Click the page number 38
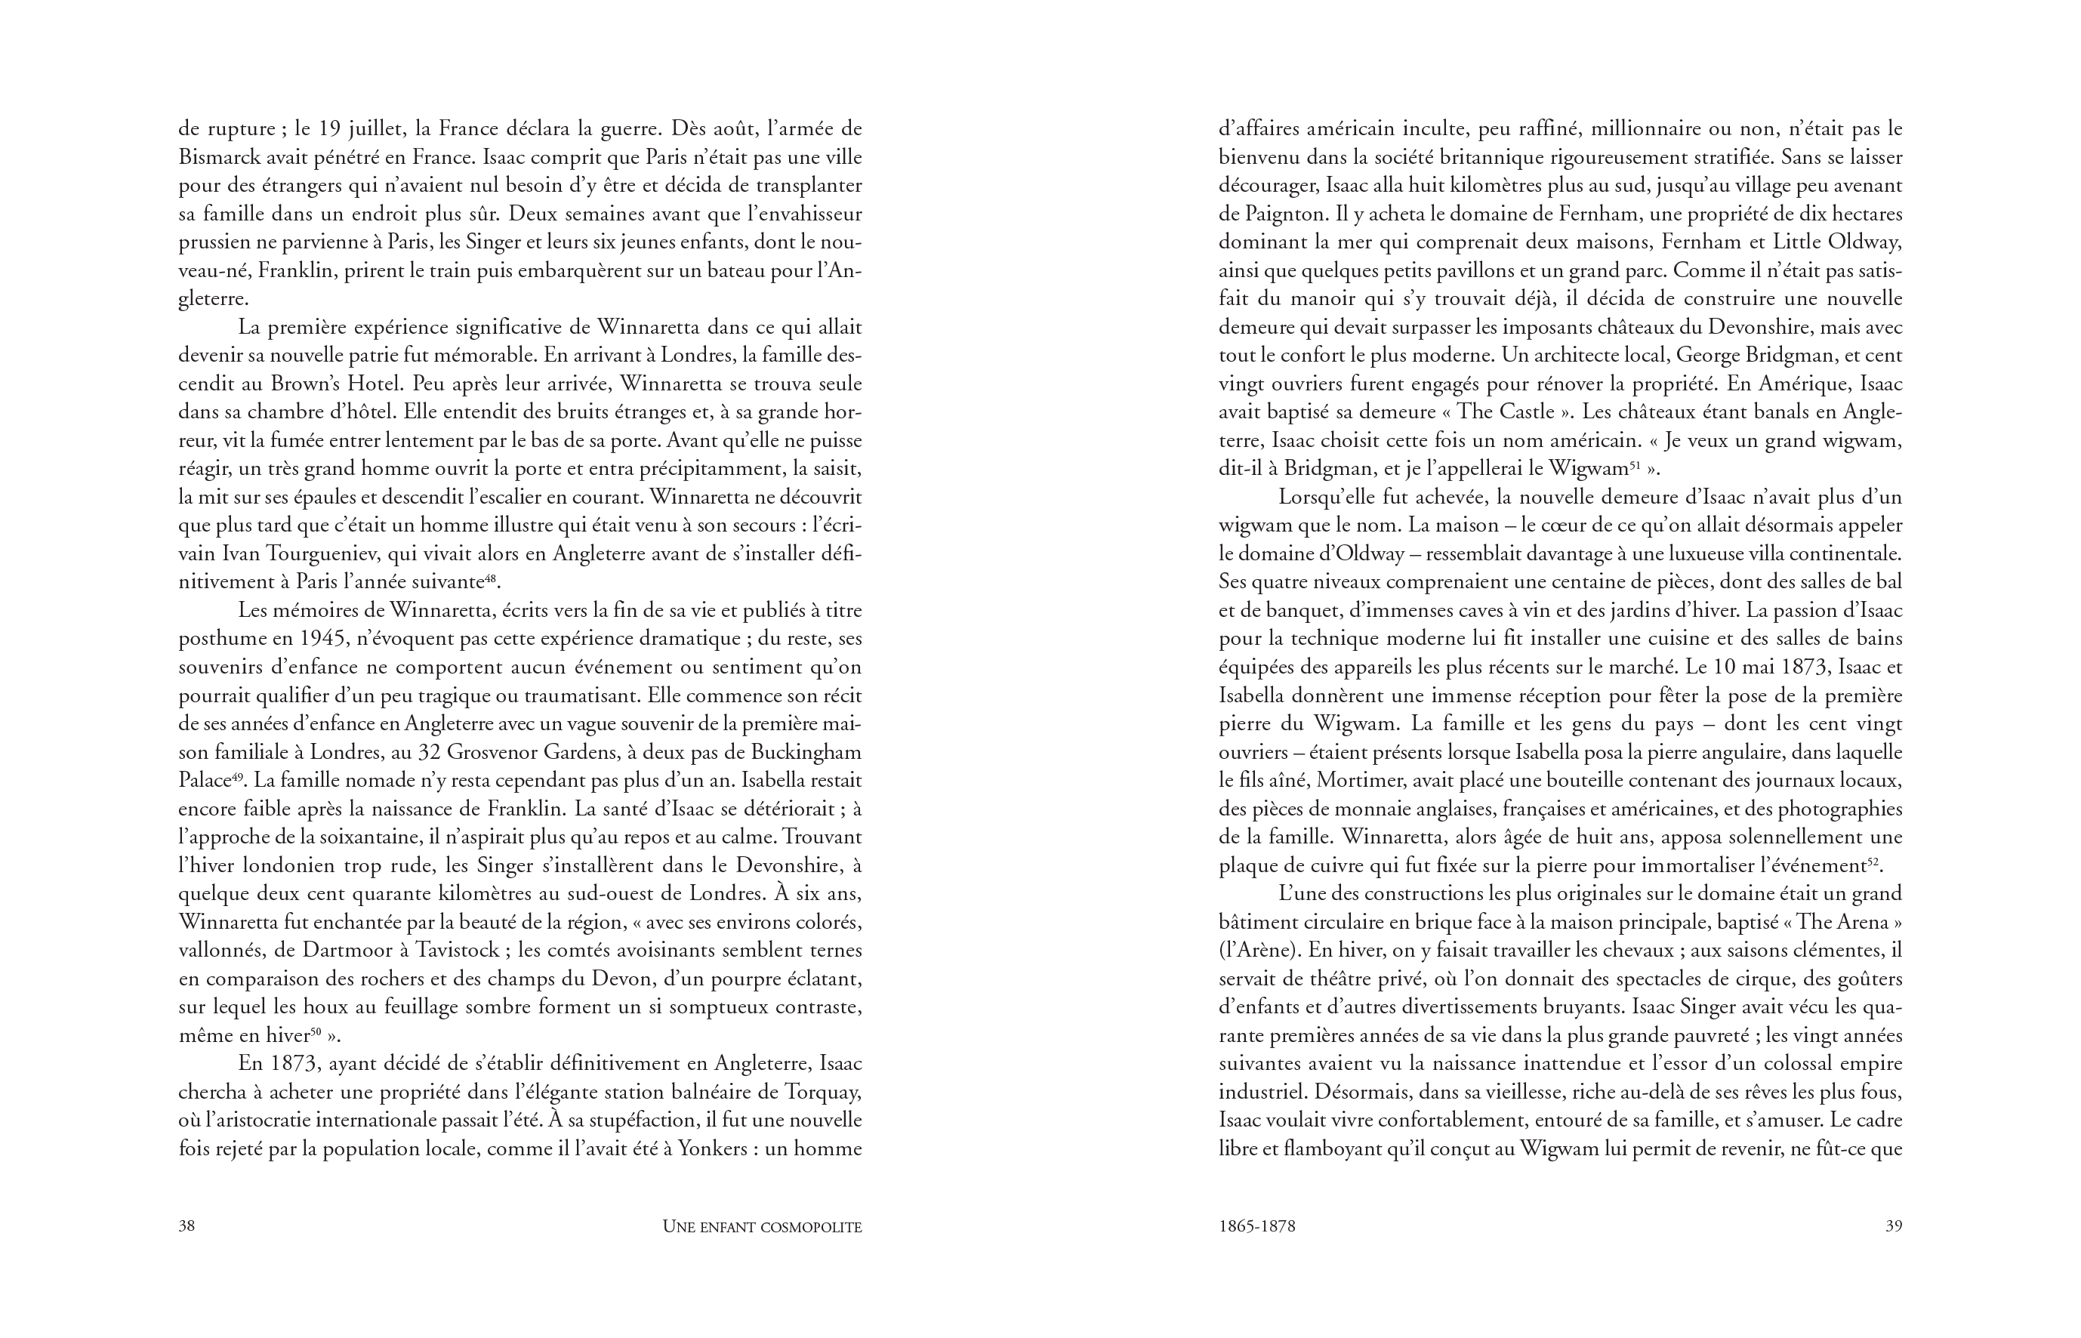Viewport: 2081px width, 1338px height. tap(187, 1226)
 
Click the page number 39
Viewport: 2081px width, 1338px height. tap(1893, 1226)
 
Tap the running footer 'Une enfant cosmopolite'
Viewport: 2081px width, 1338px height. tap(761, 1227)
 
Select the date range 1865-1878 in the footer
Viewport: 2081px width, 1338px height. tap(1256, 1226)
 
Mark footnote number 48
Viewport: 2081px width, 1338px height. tap(490, 577)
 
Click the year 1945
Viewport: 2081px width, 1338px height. tap(324, 639)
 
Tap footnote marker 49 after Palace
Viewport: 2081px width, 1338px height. tap(236, 775)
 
